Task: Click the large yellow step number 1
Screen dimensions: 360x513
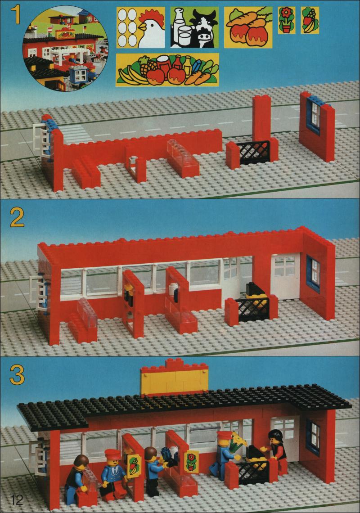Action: pos(15,15)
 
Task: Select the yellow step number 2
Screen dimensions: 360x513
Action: pos(17,217)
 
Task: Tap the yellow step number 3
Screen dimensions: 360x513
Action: pos(17,375)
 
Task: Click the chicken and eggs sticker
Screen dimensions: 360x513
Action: pos(141,28)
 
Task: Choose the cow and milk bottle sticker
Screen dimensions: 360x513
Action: pos(194,27)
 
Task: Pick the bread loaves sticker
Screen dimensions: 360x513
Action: pos(248,27)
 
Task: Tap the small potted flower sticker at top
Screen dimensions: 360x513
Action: pos(287,20)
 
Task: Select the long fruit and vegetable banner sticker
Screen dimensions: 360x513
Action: pos(167,70)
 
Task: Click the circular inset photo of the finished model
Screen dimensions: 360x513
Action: pos(65,49)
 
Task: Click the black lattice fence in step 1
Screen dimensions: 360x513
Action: pos(253,153)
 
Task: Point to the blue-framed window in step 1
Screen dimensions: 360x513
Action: pos(314,115)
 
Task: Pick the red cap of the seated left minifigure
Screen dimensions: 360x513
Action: pos(112,454)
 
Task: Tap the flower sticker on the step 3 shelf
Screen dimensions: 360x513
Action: pos(191,462)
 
